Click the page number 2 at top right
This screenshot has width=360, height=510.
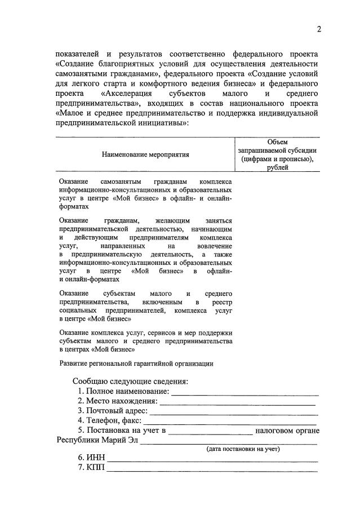coord(318,30)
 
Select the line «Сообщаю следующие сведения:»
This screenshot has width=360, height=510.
coord(130,381)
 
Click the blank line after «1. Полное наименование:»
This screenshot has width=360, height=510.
coord(245,393)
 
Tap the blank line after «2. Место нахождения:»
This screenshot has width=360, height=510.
coord(238,403)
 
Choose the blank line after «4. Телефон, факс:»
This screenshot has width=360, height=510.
coord(230,422)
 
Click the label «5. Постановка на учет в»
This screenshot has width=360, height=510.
coord(122,431)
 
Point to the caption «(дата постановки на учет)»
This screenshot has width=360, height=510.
coord(243,449)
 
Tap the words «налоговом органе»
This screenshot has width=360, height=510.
coord(287,431)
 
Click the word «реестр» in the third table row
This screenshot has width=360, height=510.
coord(221,302)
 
